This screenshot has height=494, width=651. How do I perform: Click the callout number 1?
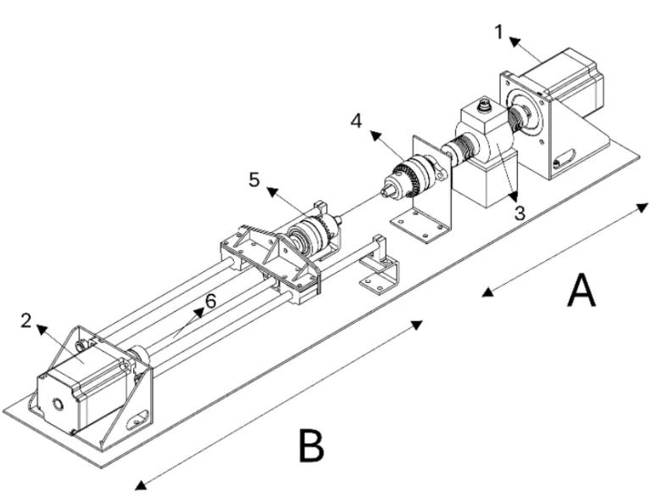[498, 32]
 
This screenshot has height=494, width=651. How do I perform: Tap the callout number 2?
[26, 321]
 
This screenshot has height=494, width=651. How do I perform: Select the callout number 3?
[520, 213]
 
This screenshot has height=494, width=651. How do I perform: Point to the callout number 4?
[356, 121]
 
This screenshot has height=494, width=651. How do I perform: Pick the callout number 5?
[254, 180]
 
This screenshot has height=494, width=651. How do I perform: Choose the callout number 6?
[211, 301]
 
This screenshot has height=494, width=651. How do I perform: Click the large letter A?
[581, 290]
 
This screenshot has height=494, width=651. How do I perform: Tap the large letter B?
[311, 445]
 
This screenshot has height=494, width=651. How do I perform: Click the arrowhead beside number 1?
[515, 42]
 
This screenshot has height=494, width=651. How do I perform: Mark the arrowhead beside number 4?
[376, 136]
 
